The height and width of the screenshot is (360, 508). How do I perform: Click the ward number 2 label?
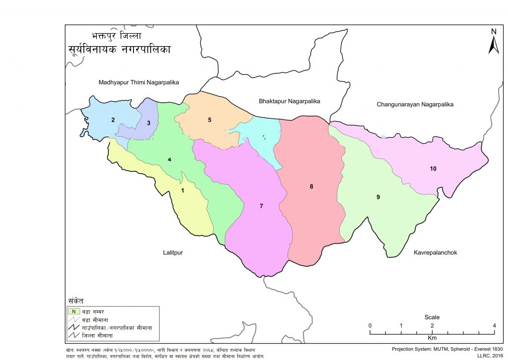[x=113, y=120]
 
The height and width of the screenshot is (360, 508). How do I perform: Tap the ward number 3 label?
[x=148, y=123]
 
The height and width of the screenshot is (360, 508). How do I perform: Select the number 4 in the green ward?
[x=169, y=159]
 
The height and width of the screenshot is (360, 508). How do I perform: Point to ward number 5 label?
[x=210, y=120]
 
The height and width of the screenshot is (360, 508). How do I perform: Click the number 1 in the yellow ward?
[x=182, y=191]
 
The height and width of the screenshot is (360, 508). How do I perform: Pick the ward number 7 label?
[x=261, y=206]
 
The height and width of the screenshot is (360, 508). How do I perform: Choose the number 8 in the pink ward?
[x=312, y=187]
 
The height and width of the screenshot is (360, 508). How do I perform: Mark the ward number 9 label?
[x=378, y=197]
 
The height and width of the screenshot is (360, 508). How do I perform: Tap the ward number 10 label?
[x=433, y=169]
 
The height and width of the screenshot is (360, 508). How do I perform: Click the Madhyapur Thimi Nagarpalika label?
[x=138, y=82]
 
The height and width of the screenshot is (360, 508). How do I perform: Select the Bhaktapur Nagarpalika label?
[x=289, y=101]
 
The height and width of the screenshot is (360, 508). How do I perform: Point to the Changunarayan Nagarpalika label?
[x=415, y=104]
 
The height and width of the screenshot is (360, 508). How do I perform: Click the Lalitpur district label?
[x=172, y=253]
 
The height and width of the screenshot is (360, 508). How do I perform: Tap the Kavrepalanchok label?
[x=435, y=253]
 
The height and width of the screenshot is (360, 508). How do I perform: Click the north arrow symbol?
[x=493, y=42]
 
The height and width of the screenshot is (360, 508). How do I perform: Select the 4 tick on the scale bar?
[x=494, y=326]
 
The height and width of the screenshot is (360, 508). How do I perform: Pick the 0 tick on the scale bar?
[x=370, y=326]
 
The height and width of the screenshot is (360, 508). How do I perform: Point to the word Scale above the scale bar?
[x=432, y=317]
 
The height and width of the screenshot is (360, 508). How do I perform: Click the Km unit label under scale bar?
[x=432, y=338]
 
